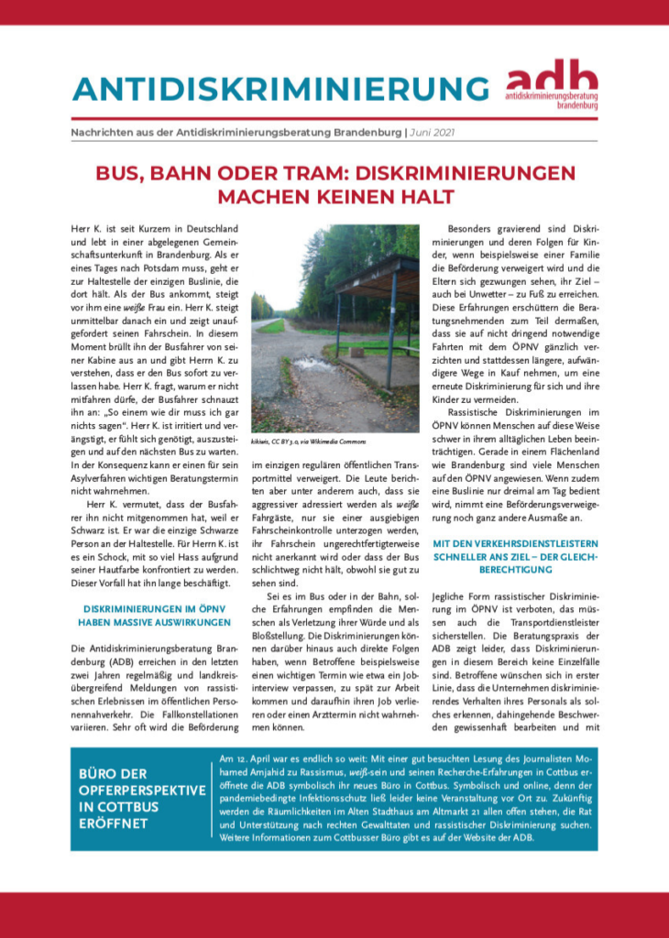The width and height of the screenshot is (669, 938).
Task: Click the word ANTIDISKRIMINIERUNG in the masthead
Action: tap(280, 88)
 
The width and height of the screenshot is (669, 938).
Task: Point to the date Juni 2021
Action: tap(433, 133)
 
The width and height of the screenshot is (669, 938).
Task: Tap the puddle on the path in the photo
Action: tap(302, 367)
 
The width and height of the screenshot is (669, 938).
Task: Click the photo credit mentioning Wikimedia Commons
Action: tap(302, 442)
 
